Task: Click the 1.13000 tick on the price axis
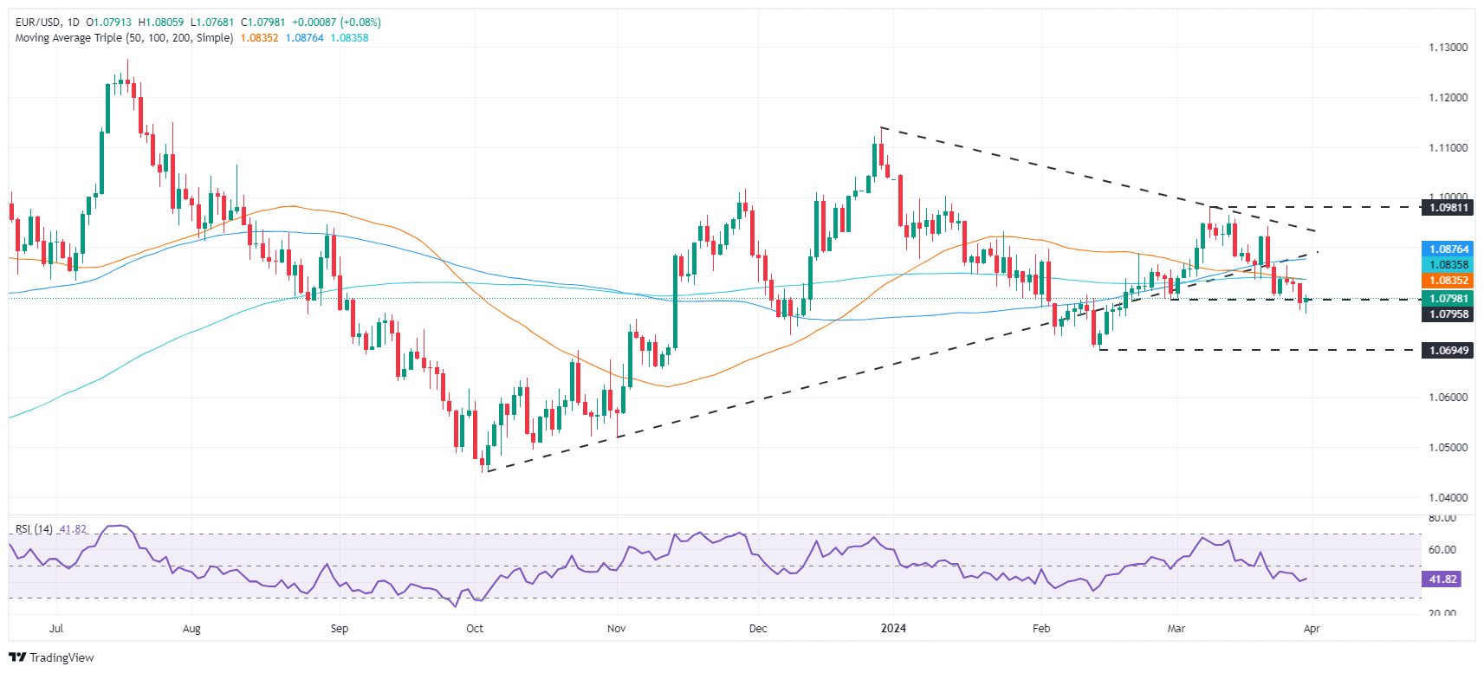coord(1448,48)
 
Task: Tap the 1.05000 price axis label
coord(1448,448)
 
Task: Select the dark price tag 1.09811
coord(1448,208)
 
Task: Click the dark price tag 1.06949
coord(1448,351)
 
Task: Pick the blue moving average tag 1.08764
coord(1448,249)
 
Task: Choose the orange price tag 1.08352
coord(1448,281)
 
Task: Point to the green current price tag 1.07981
coord(1448,299)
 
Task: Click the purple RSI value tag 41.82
coord(1442,579)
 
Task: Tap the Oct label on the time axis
coord(475,629)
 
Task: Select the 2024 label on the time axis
coord(893,629)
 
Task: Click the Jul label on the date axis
coord(56,629)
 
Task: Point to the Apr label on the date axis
coord(1312,629)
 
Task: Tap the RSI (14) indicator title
coord(34,529)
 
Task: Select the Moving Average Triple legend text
coord(124,38)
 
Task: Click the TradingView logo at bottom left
coord(51,657)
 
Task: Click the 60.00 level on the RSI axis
coord(1442,550)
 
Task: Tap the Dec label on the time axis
coord(758,629)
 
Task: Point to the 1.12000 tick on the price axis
coord(1448,98)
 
